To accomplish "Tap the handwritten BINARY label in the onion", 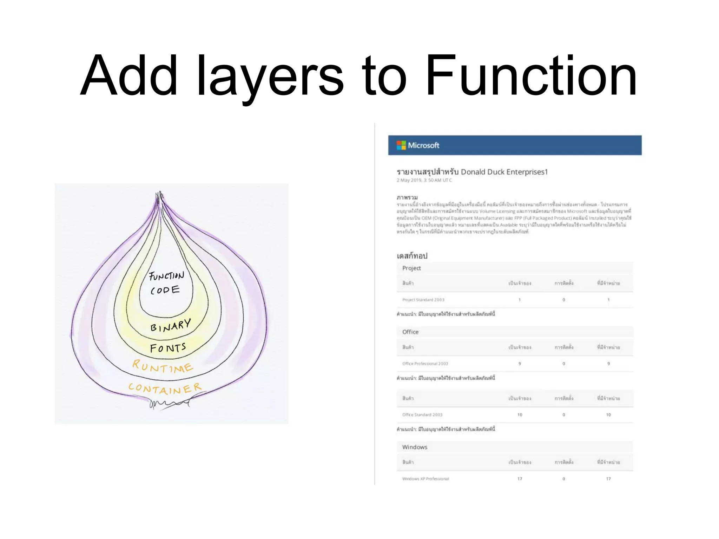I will [x=171, y=325].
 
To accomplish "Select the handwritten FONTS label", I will [x=168, y=348].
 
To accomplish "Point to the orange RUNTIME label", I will [x=163, y=366].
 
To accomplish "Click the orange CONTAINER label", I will [x=165, y=388].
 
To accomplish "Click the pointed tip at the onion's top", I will [x=160, y=195].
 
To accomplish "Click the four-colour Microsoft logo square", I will [x=401, y=145].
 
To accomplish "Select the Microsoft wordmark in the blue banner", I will [x=423, y=145].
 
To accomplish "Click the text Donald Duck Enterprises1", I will [x=504, y=172].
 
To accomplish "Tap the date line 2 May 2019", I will [x=424, y=180].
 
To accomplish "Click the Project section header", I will [x=411, y=268].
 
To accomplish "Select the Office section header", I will [x=410, y=332].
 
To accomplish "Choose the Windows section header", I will [x=415, y=447].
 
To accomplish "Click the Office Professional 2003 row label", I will [x=425, y=364].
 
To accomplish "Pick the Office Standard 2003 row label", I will [x=422, y=415].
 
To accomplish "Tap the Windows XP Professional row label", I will [x=426, y=479].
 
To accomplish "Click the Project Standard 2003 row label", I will [x=423, y=300].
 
